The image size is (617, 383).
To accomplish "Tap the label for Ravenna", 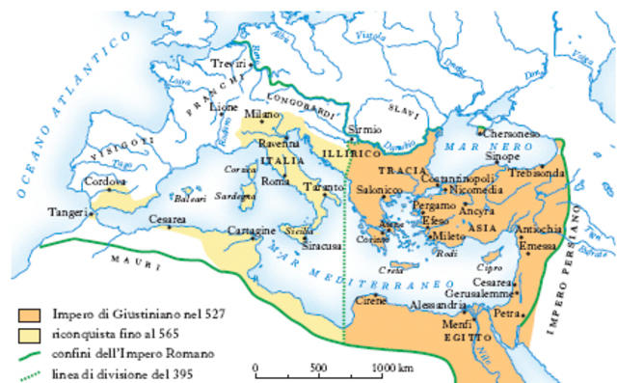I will click(x=278, y=143).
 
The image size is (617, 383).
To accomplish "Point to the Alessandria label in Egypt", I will click(x=429, y=304).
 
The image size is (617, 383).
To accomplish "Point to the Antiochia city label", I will click(x=539, y=229).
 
